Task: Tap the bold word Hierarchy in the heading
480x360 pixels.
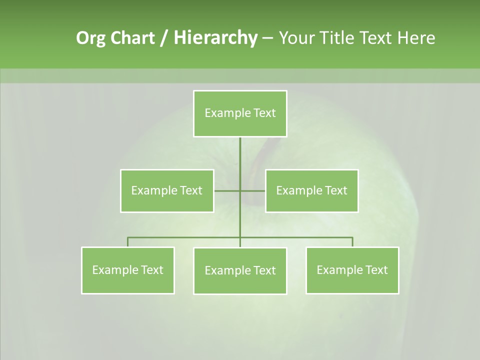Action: [x=215, y=38]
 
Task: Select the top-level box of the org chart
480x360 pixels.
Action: [x=240, y=113]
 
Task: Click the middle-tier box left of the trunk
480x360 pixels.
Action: [x=167, y=190]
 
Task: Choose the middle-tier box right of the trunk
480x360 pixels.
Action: [x=311, y=190]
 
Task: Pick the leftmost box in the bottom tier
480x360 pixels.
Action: [x=128, y=270]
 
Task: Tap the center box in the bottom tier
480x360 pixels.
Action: [x=240, y=270]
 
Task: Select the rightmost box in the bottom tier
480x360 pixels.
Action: [x=352, y=270]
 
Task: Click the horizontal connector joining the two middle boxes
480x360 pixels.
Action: [x=227, y=190]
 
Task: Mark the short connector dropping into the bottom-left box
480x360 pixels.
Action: [x=128, y=242]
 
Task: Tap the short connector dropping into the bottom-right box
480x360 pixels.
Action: [x=352, y=242]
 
